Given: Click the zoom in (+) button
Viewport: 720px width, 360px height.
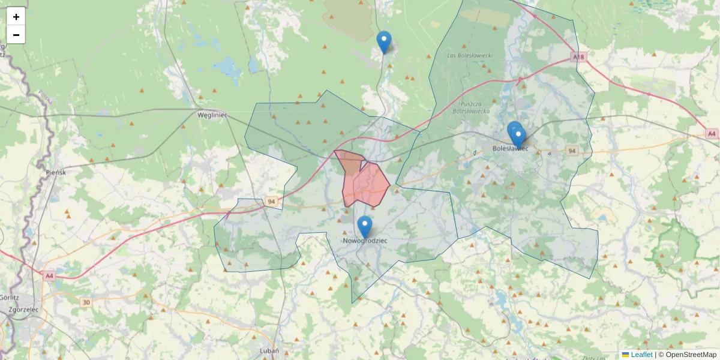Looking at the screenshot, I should (x=16, y=17).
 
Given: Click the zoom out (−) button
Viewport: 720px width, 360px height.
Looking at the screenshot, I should (x=16, y=35).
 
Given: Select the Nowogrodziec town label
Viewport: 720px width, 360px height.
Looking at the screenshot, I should (x=365, y=241).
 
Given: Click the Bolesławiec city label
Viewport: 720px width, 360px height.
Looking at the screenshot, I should (x=510, y=148).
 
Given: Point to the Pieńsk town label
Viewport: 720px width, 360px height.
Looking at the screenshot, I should (x=55, y=172).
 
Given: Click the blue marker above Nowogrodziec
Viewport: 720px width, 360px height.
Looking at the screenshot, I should (x=365, y=227).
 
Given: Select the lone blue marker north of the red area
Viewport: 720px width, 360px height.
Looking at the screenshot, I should (x=384, y=42).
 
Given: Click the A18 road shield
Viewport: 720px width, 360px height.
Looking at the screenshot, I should (x=578, y=57).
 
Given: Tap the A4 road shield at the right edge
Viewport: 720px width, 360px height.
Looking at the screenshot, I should (x=712, y=134).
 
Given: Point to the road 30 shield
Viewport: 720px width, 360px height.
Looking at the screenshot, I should (x=86, y=302).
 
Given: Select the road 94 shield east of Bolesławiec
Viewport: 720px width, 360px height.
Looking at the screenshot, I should (x=572, y=151).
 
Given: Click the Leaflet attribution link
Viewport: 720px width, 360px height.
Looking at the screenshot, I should (x=641, y=355).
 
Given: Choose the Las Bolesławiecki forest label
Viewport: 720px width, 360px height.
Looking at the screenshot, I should (x=470, y=56).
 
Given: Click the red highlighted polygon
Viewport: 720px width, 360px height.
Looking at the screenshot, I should (x=367, y=184).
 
